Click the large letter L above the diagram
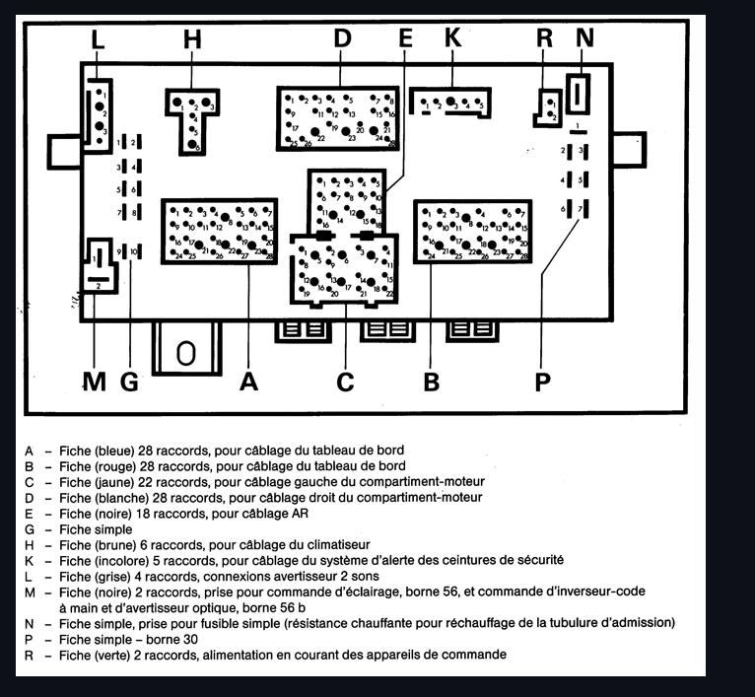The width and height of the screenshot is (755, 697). pyautogui.click(x=97, y=40)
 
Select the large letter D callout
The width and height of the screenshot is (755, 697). pyautogui.click(x=342, y=39)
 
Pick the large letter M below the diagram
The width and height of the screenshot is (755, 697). pyautogui.click(x=94, y=382)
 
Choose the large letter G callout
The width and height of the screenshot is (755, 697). pyautogui.click(x=129, y=382)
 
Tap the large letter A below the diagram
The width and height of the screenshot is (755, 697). pyautogui.click(x=249, y=382)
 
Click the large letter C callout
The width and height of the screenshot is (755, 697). pyautogui.click(x=344, y=382)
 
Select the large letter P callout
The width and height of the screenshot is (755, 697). pyautogui.click(x=541, y=382)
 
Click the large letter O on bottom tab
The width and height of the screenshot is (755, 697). pyautogui.click(x=184, y=353)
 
